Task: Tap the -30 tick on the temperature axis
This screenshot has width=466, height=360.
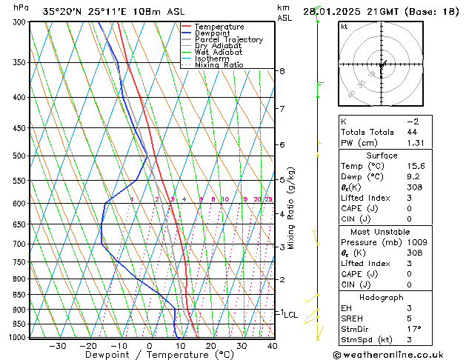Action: [57, 346]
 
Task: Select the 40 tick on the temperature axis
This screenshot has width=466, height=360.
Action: [273, 346]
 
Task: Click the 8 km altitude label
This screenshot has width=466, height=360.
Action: [282, 71]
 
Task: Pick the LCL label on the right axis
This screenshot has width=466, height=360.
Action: [290, 315]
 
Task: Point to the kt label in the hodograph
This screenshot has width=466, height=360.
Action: [344, 27]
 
